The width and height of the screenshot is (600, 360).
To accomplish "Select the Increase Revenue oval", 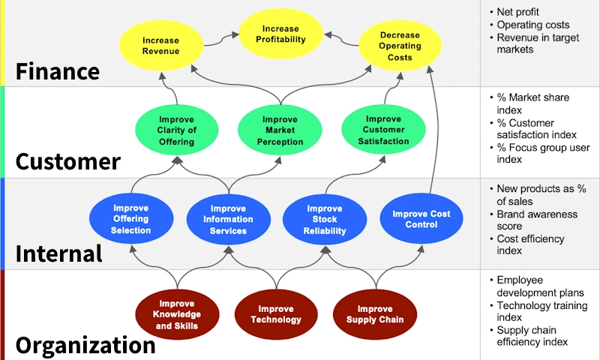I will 161,46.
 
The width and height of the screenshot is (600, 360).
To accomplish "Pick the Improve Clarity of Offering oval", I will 177,130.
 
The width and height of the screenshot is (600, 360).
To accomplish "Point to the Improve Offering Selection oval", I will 130,219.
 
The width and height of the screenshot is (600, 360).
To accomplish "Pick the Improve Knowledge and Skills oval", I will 177,315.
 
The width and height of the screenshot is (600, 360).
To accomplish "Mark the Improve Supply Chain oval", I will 374,314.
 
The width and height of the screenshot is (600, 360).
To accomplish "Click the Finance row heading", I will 58,71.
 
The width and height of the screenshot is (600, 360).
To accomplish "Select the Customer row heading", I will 68,162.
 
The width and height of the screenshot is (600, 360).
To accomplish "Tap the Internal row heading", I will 59,253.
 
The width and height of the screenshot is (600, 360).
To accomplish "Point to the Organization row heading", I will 85,345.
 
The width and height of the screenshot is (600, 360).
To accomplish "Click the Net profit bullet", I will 517,12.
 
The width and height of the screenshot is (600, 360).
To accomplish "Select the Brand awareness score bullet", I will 537,220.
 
